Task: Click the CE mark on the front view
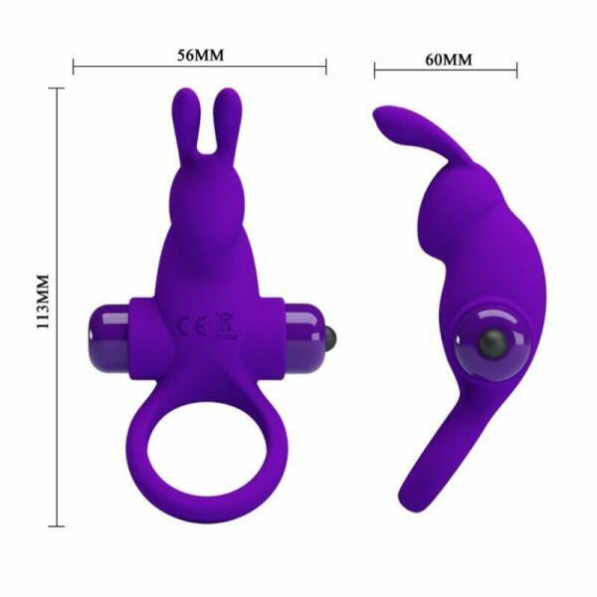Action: pyautogui.click(x=185, y=325)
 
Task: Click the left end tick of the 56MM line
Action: pyautogui.click(x=75, y=68)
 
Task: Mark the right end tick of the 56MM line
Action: pyautogui.click(x=326, y=68)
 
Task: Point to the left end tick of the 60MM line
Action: pyautogui.click(x=374, y=70)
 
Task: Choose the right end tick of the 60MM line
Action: pyautogui.click(x=517, y=70)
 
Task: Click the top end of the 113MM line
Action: pyautogui.click(x=59, y=88)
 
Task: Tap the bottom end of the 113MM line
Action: pyautogui.click(x=59, y=525)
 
